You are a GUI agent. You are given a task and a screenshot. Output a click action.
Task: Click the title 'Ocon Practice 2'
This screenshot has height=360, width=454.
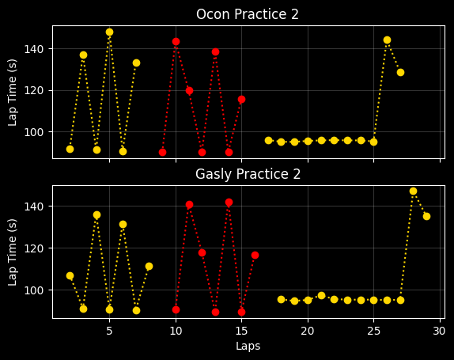click(248, 14)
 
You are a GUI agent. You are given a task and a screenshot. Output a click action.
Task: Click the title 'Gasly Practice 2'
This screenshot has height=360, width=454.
click(248, 174)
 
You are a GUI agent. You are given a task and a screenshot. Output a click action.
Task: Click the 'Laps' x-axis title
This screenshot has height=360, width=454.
click(248, 346)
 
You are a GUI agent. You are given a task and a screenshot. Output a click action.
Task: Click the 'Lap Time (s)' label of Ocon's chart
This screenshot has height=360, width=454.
click(13, 93)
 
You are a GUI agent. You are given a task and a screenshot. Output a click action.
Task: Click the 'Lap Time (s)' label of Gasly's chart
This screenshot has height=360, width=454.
click(13, 252)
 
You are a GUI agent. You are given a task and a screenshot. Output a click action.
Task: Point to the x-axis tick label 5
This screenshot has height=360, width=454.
click(109, 331)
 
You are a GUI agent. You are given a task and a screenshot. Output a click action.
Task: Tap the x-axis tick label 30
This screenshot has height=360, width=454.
click(439, 331)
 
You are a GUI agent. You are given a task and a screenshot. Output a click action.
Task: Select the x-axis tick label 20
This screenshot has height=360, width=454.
click(308, 331)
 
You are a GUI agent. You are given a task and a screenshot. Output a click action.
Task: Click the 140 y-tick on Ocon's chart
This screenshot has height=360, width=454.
click(33, 49)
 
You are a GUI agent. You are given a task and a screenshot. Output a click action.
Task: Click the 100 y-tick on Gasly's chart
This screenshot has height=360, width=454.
click(33, 290)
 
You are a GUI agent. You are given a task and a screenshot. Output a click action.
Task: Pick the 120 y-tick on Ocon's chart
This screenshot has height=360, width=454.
click(33, 91)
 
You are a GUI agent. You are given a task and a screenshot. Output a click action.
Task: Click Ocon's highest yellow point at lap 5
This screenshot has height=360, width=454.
click(109, 32)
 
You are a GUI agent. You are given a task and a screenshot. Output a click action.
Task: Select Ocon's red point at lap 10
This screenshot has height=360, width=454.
click(176, 41)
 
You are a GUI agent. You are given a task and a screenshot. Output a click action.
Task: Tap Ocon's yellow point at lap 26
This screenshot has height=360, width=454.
click(387, 40)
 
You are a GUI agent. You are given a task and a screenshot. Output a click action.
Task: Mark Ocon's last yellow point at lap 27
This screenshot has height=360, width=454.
click(400, 73)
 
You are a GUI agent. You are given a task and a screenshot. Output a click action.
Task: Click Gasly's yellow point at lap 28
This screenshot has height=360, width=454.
click(413, 191)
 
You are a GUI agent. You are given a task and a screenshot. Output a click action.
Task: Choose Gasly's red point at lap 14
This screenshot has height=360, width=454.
click(229, 203)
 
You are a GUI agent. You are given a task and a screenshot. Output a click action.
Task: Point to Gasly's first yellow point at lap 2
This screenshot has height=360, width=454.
click(70, 275)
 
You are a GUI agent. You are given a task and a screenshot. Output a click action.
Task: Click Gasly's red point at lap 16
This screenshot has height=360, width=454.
click(255, 255)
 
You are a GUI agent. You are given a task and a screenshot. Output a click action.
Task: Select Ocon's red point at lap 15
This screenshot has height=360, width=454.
click(241, 100)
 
